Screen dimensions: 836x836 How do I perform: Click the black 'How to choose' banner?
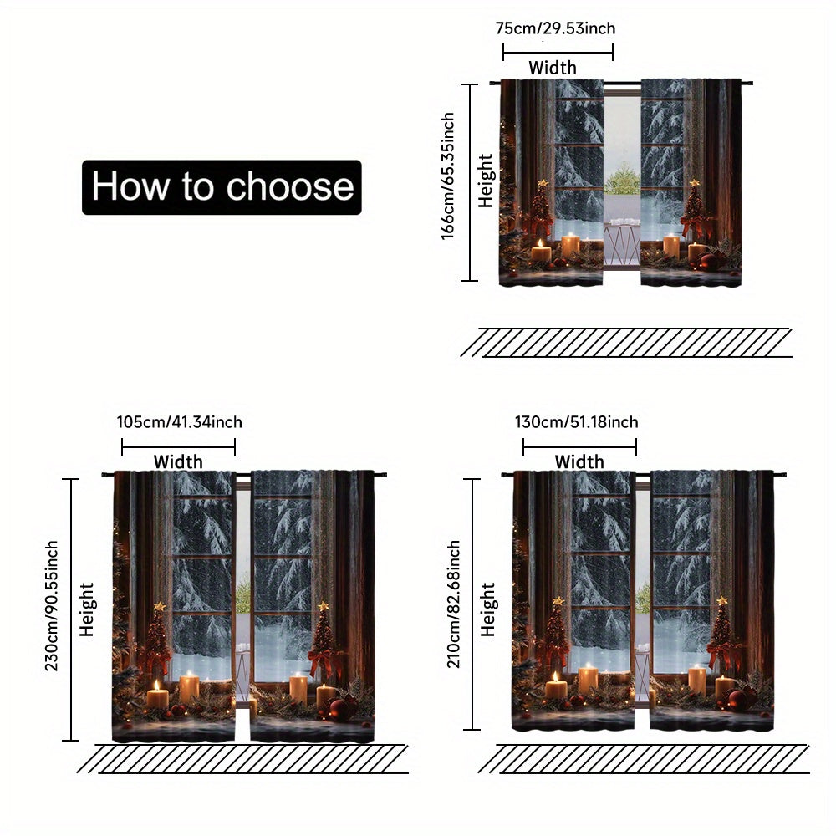click(222, 187)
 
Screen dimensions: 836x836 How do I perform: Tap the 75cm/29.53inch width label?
click(556, 28)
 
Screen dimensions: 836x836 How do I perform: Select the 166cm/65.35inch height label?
click(447, 176)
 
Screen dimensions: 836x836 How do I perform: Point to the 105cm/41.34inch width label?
click(180, 422)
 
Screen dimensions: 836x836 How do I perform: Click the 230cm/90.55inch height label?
click(51, 605)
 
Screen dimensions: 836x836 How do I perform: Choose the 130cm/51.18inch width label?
click(576, 422)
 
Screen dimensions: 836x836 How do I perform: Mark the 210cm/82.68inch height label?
click(453, 604)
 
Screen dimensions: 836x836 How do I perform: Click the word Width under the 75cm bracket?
click(553, 68)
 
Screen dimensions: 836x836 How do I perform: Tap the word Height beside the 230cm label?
click(86, 609)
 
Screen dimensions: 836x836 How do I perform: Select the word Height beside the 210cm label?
click(488, 609)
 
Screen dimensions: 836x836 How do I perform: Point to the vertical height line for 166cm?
click(469, 182)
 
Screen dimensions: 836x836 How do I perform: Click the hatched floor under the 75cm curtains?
click(626, 342)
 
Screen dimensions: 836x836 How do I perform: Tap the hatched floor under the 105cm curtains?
click(242, 759)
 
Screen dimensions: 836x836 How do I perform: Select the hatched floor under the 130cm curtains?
click(644, 759)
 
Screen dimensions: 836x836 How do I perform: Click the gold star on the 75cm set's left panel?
click(543, 183)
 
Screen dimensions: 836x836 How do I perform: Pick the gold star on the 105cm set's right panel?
click(323, 606)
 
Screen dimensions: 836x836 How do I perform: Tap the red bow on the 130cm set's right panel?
click(722, 652)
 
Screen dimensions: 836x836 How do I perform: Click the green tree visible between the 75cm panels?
click(622, 179)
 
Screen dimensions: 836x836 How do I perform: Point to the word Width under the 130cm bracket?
click(579, 461)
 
